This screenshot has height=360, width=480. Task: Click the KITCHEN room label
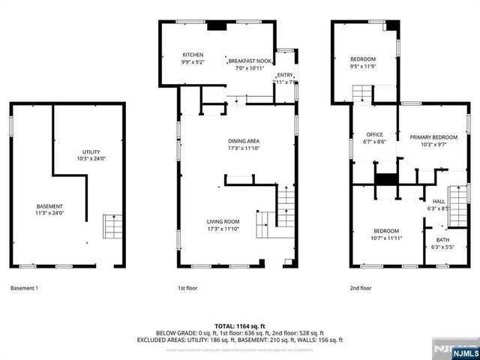click(x=193, y=55)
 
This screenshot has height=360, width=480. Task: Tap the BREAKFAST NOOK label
click(x=250, y=60)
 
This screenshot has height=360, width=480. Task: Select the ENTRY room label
click(x=286, y=75)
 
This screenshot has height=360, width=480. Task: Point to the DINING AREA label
click(x=244, y=140)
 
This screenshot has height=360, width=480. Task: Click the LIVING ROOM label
click(x=223, y=221)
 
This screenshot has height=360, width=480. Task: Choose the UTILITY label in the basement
click(x=91, y=151)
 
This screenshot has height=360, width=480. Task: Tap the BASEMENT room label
click(x=49, y=206)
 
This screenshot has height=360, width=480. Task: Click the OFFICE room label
click(x=373, y=134)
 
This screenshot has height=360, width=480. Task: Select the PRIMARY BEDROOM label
click(x=433, y=137)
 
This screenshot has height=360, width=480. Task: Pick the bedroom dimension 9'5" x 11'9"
click(x=363, y=66)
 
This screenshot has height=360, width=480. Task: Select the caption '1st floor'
click(x=187, y=288)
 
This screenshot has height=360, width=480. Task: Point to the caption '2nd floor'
click(x=361, y=288)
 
